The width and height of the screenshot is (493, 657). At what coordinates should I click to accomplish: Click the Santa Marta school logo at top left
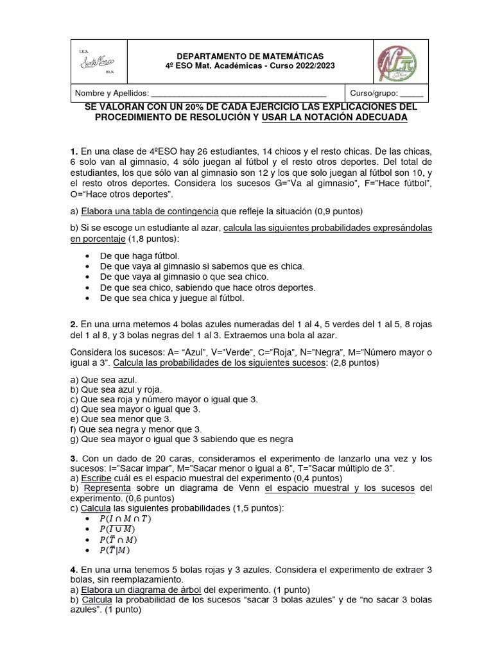click(x=96, y=62)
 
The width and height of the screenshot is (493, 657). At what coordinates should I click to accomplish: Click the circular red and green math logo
click(x=395, y=62)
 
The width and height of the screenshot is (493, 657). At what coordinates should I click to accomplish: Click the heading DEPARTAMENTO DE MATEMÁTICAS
click(x=250, y=56)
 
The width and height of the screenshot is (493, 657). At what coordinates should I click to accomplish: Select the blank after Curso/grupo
click(x=411, y=93)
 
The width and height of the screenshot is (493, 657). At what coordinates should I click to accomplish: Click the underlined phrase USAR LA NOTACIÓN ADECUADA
click(x=334, y=118)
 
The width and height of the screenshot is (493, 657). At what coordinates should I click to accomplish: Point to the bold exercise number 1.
click(x=74, y=151)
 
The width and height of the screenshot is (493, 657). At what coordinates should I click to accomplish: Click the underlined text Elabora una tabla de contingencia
click(x=150, y=210)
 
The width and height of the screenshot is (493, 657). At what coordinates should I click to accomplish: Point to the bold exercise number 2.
click(x=74, y=324)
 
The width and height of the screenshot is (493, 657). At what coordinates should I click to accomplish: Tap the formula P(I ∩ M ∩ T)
click(x=125, y=518)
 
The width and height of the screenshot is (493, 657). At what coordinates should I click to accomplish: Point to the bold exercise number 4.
click(x=74, y=569)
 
